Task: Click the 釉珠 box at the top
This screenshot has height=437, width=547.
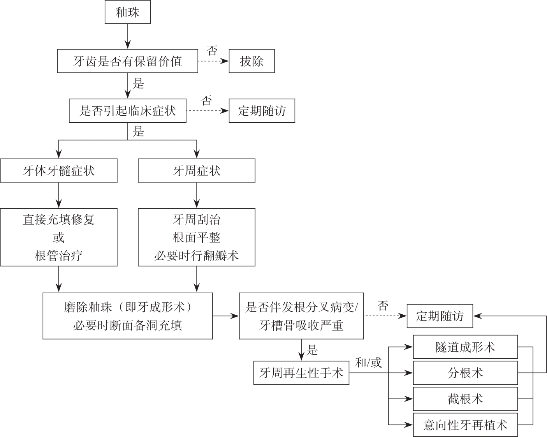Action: pos(128,12)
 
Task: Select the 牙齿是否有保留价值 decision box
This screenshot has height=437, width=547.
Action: pos(127,61)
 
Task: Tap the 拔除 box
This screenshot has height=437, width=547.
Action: pos(252,61)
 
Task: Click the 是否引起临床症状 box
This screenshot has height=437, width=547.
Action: pos(127,111)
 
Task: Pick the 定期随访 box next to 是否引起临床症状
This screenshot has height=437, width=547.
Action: pos(262,111)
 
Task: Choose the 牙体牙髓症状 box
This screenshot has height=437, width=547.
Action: pos(58,171)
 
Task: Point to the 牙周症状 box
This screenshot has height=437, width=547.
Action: pos(196,171)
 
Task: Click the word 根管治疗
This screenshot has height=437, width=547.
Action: pos(58,256)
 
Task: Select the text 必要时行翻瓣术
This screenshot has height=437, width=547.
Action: pos(196,256)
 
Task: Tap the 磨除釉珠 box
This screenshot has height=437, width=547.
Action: pos(127,316)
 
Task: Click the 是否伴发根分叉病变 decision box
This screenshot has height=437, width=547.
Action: pos(301,316)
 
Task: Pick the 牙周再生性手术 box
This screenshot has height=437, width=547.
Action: pos(301,373)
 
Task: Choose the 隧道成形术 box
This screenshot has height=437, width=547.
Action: pos(465,347)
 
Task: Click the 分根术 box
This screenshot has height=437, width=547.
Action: pos(465,373)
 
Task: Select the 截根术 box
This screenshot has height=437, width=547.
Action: pos(465,399)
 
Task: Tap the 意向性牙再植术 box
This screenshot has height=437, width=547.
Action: pos(465,425)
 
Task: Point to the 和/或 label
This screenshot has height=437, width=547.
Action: pos(368,363)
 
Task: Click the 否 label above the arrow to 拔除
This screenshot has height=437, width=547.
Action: pos(212,51)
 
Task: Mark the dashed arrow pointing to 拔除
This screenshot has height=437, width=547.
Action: pos(213,61)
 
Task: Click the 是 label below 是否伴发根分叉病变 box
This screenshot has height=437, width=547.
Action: pos(312,350)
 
